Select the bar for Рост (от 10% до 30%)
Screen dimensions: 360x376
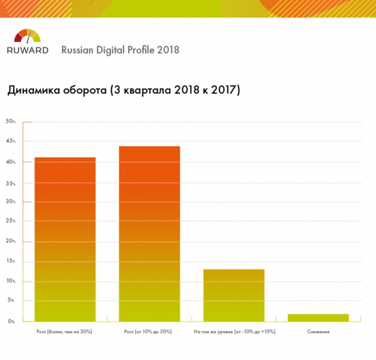coord(149,233)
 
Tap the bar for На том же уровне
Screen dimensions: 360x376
coord(234,295)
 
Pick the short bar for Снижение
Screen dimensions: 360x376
coord(318,317)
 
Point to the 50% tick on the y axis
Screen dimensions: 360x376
coord(11,122)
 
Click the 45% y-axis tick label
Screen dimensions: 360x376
coord(11,142)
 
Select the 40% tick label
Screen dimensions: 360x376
coord(11,162)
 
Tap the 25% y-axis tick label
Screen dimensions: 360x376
coord(11,221)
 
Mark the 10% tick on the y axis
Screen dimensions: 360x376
coord(11,281)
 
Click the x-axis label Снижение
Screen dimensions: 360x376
coord(318,331)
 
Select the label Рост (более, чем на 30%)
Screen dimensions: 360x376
coord(65,331)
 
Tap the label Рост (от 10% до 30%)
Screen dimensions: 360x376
coord(149,331)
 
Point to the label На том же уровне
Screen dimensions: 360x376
coord(234,331)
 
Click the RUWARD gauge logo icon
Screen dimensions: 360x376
coord(27,36)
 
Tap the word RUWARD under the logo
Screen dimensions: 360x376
coord(28,50)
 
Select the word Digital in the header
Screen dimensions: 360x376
coord(110,50)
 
